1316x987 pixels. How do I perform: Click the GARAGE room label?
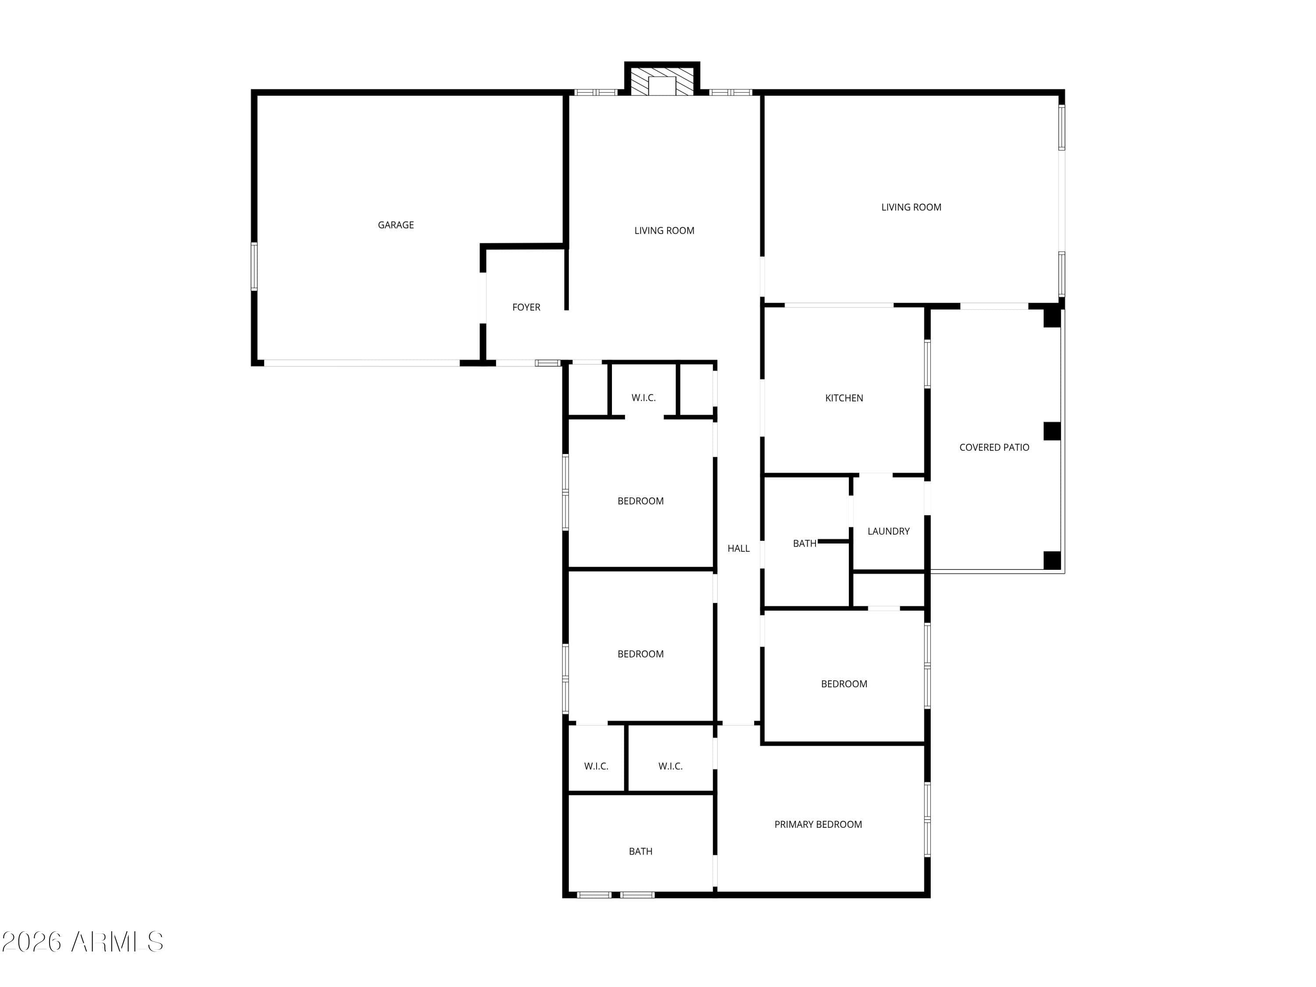point(396,225)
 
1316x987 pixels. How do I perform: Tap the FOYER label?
point(526,307)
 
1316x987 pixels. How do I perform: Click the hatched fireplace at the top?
point(662,82)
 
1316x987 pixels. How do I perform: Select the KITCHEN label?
point(844,398)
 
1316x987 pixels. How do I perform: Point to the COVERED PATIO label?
point(994,447)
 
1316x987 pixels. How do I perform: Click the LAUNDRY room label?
point(888,531)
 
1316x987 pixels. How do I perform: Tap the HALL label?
point(738,548)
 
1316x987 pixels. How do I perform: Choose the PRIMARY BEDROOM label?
point(818,824)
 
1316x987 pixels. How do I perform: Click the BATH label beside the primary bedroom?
point(640,851)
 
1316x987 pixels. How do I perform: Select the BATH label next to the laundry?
point(805,543)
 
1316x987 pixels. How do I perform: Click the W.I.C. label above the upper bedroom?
point(643,397)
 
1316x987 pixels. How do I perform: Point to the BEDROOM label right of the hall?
point(844,683)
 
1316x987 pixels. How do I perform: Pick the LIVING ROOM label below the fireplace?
point(664,230)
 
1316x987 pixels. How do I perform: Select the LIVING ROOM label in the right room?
point(911,207)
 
